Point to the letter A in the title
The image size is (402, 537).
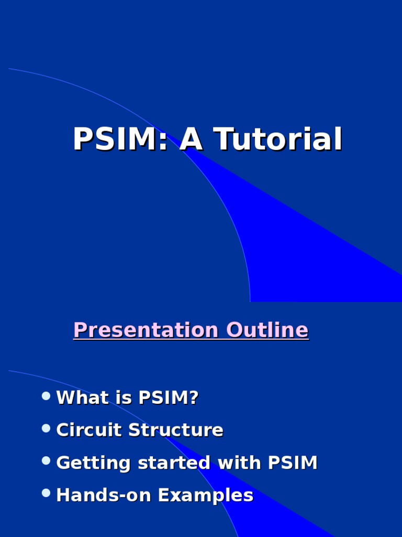click(x=191, y=139)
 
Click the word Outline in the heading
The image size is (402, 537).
click(x=267, y=330)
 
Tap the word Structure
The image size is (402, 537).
click(x=176, y=430)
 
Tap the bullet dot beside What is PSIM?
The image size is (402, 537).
click(x=46, y=396)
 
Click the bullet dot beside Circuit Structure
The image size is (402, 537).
click(x=46, y=428)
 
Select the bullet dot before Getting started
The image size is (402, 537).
click(x=46, y=461)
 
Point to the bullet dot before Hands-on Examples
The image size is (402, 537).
click(x=46, y=493)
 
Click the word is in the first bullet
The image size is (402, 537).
click(x=124, y=398)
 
